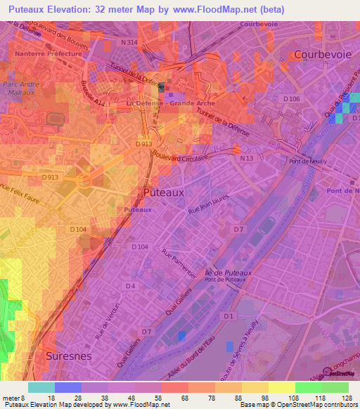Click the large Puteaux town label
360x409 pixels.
(163, 191)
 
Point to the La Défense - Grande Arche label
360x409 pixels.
(171, 103)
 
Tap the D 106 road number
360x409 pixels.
(290, 99)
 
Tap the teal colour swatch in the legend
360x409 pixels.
(41, 387)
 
